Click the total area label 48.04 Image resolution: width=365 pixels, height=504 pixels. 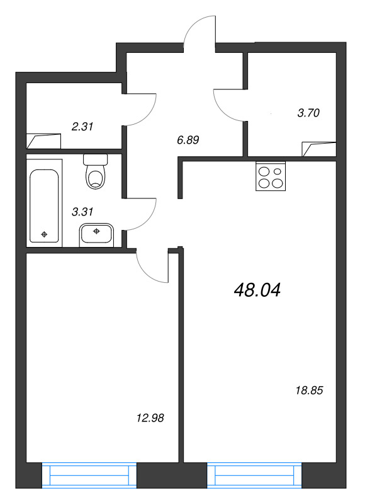click(257, 290)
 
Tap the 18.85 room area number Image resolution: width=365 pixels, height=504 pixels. click(309, 391)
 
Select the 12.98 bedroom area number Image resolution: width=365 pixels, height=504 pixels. click(150, 418)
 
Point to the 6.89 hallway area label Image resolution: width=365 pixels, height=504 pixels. click(188, 140)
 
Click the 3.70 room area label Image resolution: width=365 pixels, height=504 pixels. click(308, 113)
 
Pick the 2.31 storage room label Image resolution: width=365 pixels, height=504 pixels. click(82, 127)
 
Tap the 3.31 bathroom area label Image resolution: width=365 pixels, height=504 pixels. click(82, 212)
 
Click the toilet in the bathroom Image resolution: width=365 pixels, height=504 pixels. click(96, 171)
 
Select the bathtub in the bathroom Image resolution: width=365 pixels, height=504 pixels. click(44, 206)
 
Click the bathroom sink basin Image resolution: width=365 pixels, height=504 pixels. click(96, 234)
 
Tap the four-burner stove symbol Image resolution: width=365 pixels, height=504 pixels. click(271, 176)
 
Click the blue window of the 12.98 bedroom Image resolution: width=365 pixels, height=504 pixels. click(89, 476)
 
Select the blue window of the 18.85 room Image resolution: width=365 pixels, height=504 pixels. click(255, 476)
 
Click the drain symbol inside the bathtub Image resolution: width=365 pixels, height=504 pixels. click(44, 234)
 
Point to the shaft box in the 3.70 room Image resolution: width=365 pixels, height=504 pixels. click(319, 149)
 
